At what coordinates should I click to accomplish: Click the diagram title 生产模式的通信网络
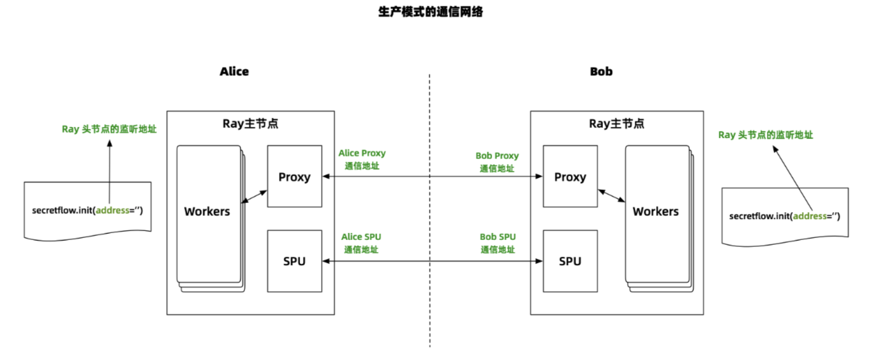431,12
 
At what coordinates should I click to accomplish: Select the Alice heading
234,71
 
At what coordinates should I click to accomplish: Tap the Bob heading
601,71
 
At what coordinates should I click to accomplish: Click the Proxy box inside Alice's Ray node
294,177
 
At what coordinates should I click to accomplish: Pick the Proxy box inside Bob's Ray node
570,177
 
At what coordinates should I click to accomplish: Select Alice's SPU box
294,261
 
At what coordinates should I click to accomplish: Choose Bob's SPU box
570,261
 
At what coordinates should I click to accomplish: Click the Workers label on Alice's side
207,211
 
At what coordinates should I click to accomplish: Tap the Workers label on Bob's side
655,211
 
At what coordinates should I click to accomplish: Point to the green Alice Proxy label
362,153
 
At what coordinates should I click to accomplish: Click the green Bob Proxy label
497,156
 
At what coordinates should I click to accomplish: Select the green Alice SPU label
361,237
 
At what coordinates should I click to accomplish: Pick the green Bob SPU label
497,237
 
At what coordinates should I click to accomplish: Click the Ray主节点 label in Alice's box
250,124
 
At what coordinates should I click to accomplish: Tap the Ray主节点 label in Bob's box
616,124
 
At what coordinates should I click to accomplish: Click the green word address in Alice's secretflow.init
112,211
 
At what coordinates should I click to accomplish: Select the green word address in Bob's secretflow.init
810,216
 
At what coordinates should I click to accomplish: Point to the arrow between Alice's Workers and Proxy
254,196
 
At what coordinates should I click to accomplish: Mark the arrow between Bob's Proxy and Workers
611,196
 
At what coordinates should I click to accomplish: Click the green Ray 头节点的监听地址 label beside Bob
765,135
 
